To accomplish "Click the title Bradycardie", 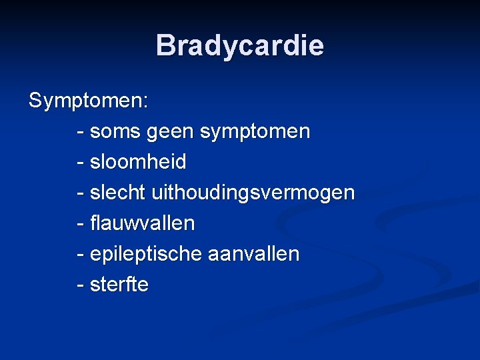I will click(239, 46).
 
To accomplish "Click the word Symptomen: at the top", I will click(89, 101).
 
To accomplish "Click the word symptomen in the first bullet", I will click(255, 132).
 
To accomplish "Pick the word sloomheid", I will click(138, 162).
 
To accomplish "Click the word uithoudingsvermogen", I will click(253, 193).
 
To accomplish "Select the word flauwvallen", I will click(143, 223).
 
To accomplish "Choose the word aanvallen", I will click(253, 254).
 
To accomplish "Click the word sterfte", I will click(119, 285).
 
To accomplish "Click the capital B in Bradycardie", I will click(165, 46).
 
